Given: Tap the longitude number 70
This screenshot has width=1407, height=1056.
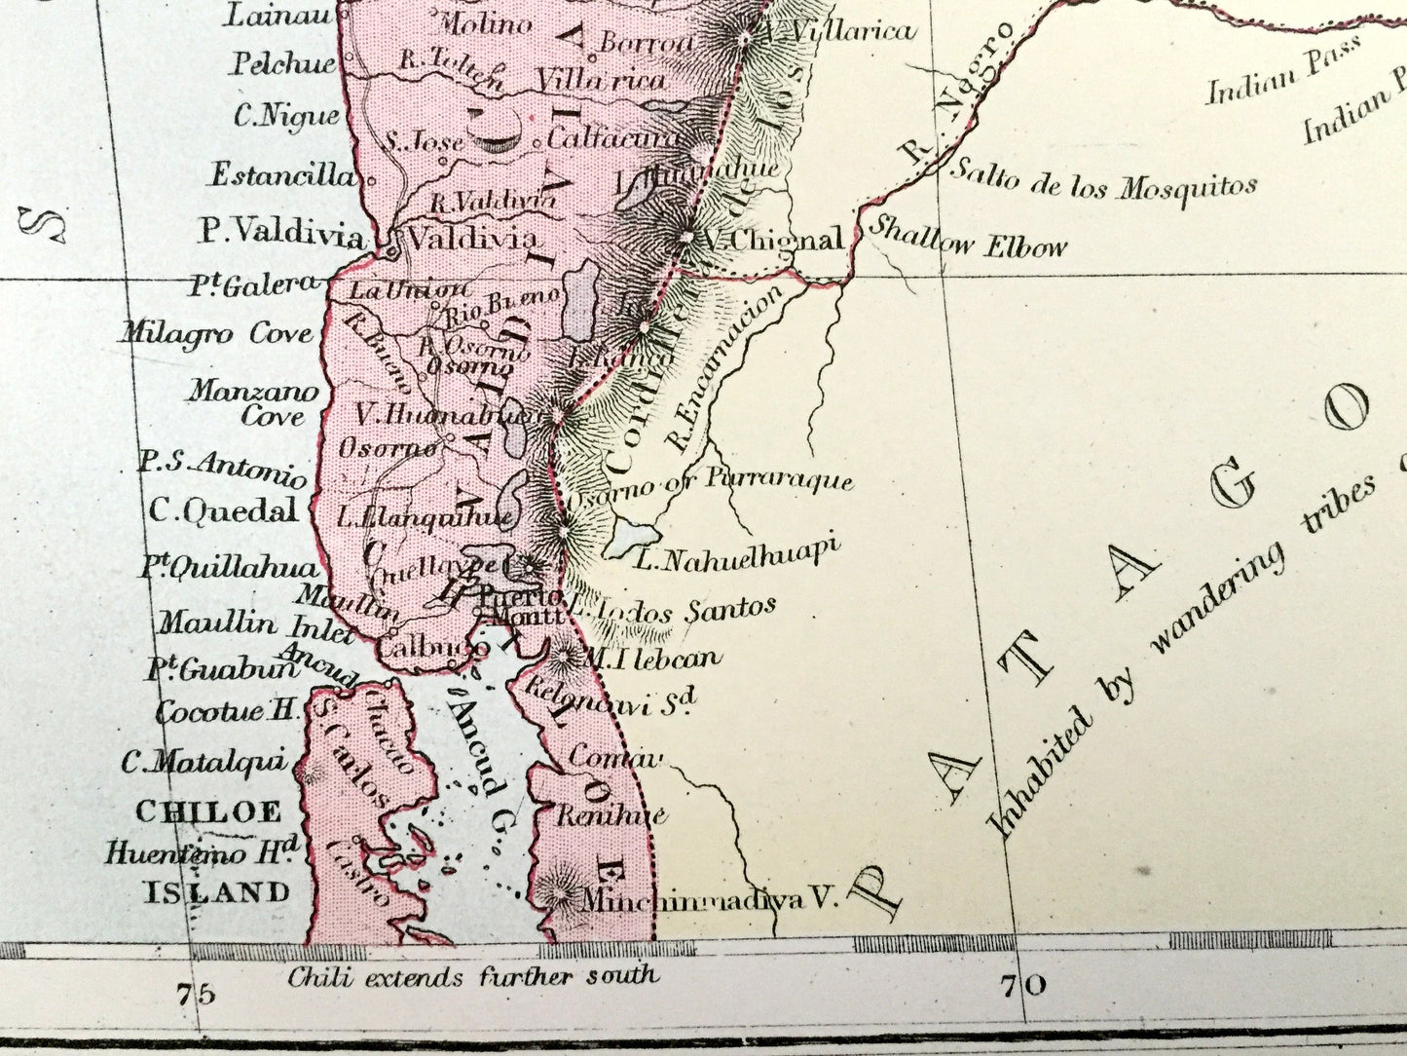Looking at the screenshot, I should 1022,986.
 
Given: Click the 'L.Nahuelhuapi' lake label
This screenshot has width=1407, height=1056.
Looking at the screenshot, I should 736,554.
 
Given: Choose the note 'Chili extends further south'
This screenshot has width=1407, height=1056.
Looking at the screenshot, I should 472,976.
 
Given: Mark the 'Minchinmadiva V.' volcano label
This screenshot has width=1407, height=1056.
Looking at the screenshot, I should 709,899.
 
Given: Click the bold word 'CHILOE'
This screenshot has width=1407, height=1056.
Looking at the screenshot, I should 208,811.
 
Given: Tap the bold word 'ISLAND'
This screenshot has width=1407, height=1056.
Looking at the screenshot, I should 217,891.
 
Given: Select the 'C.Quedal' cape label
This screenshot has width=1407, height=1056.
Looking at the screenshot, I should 223,510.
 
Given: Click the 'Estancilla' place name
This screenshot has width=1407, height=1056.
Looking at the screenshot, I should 283,175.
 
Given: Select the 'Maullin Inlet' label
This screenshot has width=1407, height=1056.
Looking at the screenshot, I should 256,622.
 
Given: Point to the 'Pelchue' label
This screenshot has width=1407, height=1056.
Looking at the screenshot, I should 282,64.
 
